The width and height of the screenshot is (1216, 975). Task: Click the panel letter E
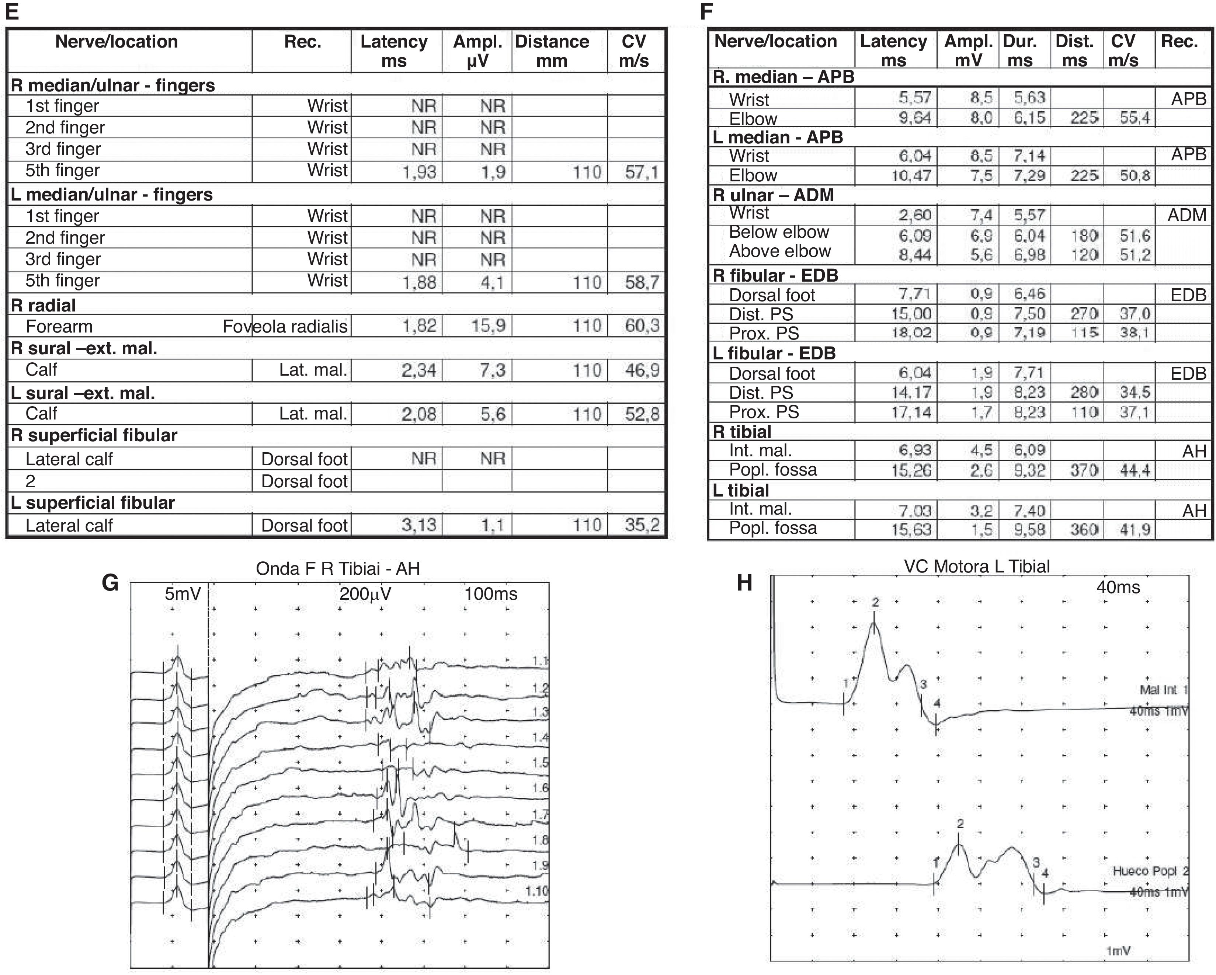(x=12, y=11)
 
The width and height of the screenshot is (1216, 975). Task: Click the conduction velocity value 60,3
(x=642, y=326)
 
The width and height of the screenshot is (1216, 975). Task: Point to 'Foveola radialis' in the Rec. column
(x=285, y=327)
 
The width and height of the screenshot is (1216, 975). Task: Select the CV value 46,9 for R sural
(x=642, y=370)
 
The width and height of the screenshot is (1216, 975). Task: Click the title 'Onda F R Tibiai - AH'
(x=338, y=568)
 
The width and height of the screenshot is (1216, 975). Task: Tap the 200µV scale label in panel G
(x=365, y=594)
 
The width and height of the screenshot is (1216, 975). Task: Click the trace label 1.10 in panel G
(x=536, y=891)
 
